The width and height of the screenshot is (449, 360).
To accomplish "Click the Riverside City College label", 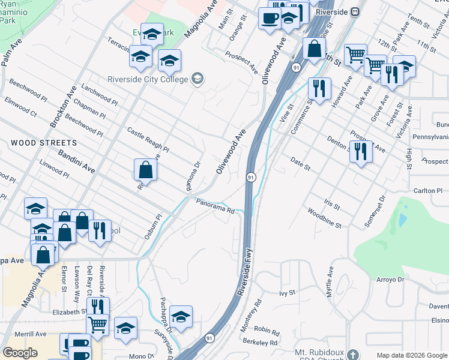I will [x=146, y=79].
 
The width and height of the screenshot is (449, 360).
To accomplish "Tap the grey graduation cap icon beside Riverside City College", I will [x=197, y=79].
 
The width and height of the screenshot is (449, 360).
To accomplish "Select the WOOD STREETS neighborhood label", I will [x=43, y=143].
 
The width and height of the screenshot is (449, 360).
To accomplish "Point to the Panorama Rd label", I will [x=214, y=206].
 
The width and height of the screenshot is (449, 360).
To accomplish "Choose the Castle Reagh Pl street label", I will [x=148, y=139].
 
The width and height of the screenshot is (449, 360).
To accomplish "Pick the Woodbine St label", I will [x=324, y=218].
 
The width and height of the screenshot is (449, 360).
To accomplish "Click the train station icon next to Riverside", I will [x=355, y=11].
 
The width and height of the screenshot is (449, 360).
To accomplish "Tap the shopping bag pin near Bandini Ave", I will [x=146, y=170].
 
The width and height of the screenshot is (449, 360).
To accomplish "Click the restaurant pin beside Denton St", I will [x=361, y=151].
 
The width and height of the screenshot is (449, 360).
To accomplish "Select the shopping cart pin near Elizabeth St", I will [x=97, y=325].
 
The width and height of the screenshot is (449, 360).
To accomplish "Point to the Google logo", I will [x=20, y=353].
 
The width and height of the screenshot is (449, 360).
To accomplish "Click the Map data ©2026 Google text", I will [x=411, y=355].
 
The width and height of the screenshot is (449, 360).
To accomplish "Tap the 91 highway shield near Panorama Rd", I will [x=250, y=177].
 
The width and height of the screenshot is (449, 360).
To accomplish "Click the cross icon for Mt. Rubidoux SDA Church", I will [x=352, y=353].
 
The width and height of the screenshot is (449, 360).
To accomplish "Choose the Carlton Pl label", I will [x=428, y=191].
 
